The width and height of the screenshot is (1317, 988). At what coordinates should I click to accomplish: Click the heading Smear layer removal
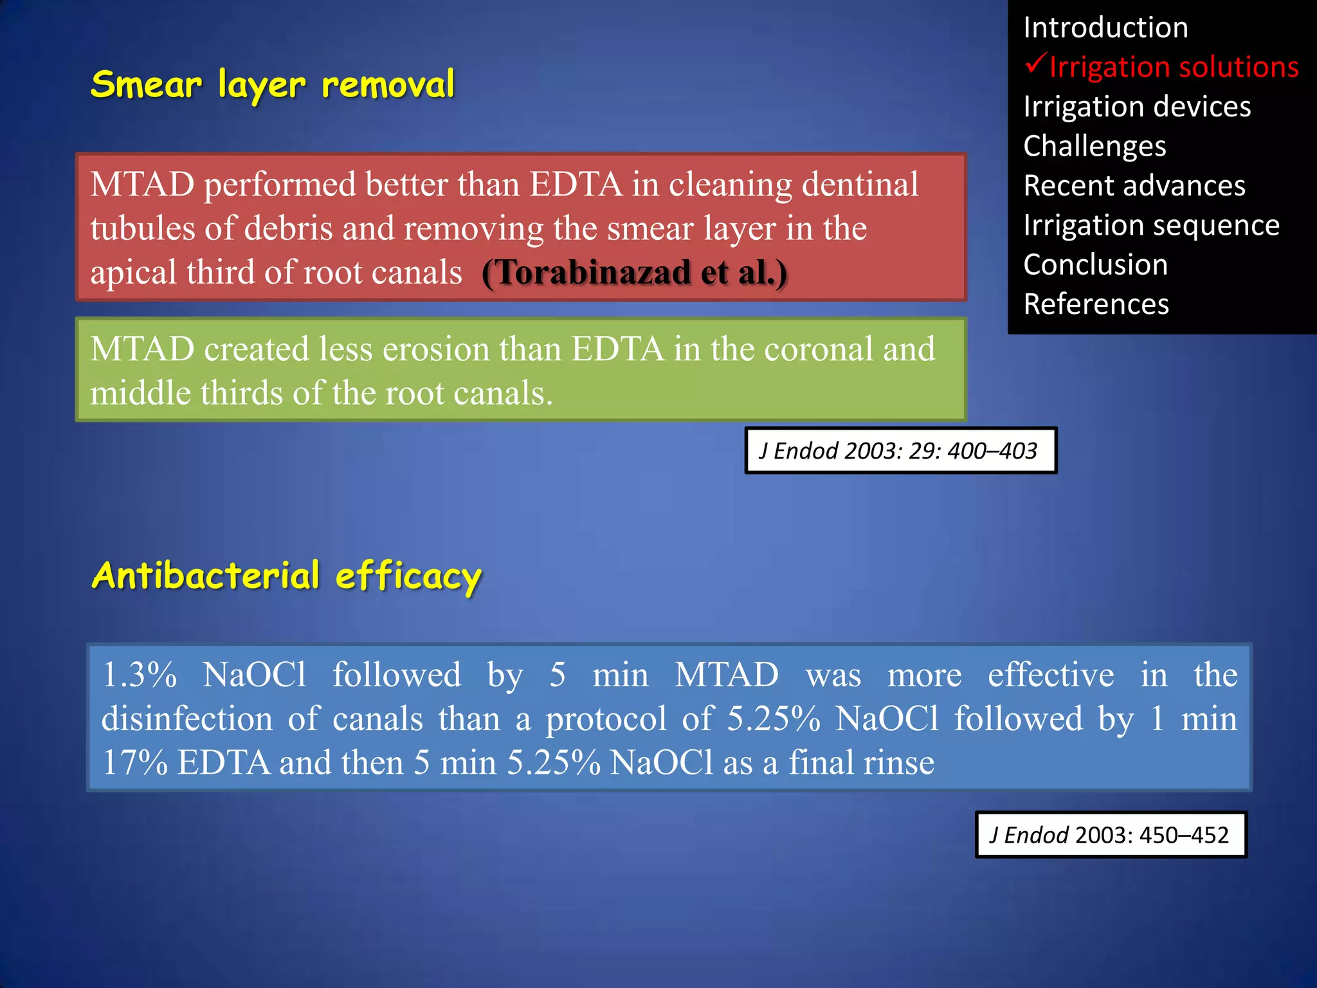(273, 85)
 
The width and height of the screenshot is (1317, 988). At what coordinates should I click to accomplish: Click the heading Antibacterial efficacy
(287, 576)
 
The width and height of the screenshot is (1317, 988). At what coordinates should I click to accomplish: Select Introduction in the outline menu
(1105, 28)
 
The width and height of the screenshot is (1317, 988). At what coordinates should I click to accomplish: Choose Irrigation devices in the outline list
(1136, 107)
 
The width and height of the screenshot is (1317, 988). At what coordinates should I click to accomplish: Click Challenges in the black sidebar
(1094, 146)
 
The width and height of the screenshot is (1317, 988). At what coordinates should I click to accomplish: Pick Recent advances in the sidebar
(1134, 186)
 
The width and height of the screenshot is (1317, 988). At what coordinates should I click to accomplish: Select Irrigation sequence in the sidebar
(1151, 225)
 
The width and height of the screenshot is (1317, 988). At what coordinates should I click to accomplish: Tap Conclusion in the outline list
(1095, 265)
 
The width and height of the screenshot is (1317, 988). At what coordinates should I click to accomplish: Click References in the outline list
(1096, 304)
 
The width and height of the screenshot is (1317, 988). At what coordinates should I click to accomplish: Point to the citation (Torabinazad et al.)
(634, 273)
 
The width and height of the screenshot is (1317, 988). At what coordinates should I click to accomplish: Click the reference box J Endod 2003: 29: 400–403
(900, 451)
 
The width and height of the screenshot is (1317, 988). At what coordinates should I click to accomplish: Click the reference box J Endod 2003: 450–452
(1111, 835)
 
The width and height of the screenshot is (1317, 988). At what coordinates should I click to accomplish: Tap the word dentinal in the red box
(860, 185)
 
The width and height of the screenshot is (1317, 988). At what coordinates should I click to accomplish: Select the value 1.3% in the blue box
(140, 675)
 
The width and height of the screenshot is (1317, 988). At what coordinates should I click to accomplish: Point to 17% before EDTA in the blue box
(134, 763)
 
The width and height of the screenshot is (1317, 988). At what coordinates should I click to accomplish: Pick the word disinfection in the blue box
(186, 718)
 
